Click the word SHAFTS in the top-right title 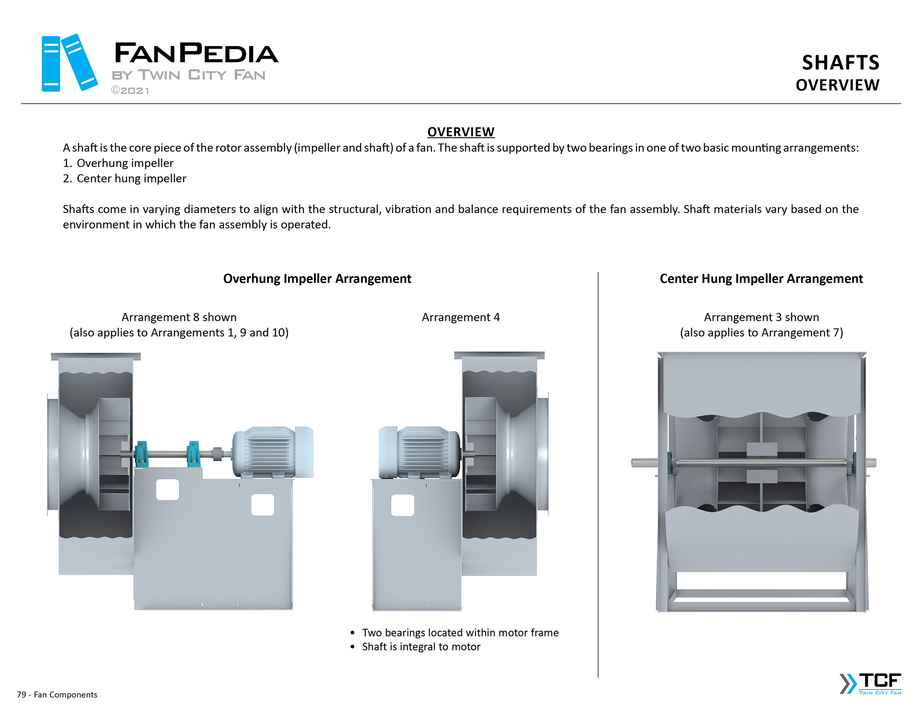(840, 63)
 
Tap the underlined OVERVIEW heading (461, 132)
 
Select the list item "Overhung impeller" (125, 163)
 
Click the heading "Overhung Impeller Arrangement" (317, 279)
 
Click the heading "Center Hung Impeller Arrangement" (761, 279)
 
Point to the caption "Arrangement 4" (461, 317)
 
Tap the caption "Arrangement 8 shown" (179, 317)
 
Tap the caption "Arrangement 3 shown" (761, 317)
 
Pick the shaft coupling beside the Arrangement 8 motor (218, 454)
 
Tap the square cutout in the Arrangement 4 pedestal (402, 505)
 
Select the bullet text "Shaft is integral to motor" (421, 646)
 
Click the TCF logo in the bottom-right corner (871, 683)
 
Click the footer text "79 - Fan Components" (57, 695)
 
